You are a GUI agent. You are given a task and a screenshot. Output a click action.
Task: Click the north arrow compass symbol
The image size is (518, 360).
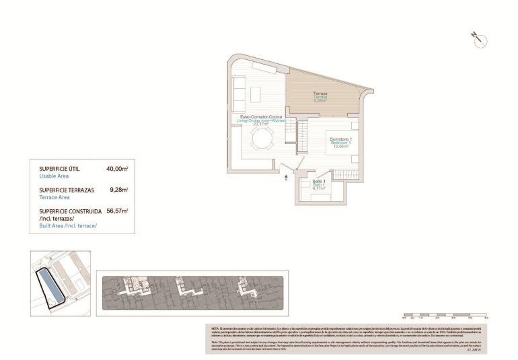(479, 38)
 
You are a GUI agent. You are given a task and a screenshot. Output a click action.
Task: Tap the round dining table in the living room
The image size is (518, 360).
(261, 140)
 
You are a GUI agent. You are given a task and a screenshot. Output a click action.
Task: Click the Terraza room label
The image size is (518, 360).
(320, 94)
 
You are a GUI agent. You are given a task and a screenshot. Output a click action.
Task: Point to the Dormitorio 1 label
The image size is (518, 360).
(340, 139)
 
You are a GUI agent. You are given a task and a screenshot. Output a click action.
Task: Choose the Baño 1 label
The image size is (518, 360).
(319, 182)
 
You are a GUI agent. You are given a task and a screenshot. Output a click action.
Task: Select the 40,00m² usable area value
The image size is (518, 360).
(117, 170)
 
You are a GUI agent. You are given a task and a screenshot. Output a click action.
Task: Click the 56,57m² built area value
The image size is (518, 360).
(117, 211)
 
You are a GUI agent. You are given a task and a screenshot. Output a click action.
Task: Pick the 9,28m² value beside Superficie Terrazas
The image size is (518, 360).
(119, 190)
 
